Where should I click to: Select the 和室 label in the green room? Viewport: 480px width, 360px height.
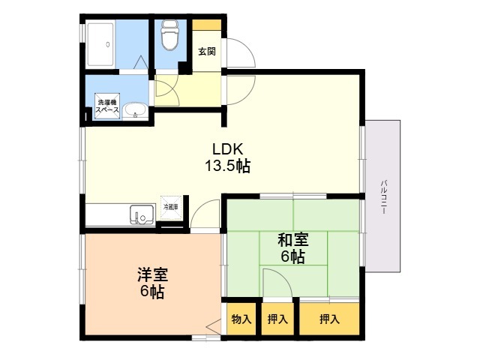pos(292,240)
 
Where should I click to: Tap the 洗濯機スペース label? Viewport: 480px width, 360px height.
pos(107,106)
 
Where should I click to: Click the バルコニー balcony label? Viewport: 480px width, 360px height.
pos(383,196)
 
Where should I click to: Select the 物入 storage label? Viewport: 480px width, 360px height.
pos(241,319)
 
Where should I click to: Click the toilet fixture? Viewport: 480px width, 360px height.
pos(169,34)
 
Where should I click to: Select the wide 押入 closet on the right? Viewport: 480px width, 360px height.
pos(328,319)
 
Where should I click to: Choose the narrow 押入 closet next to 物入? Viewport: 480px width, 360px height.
pos(277,319)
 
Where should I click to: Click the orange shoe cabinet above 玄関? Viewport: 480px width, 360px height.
pos(207,25)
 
